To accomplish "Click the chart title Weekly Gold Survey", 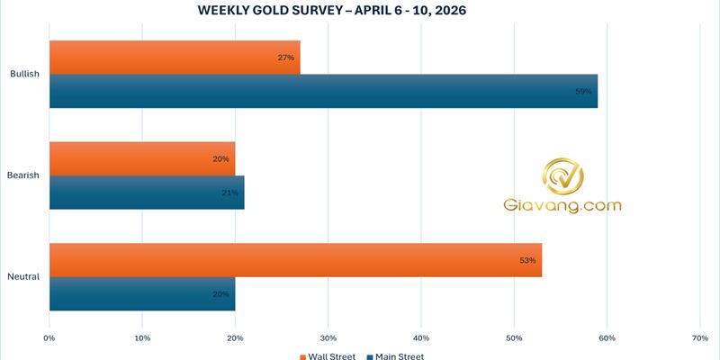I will pyautogui.click(x=359, y=11).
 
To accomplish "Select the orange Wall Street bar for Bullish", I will pyautogui.click(x=175, y=58).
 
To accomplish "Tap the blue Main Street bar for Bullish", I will pyautogui.click(x=323, y=91).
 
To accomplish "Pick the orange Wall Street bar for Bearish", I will pyautogui.click(x=142, y=158).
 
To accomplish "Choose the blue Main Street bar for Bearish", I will pyautogui.click(x=147, y=192).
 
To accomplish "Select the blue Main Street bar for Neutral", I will pyautogui.click(x=142, y=293).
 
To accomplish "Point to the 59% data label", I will pyautogui.click(x=584, y=91).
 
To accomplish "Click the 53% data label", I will pyautogui.click(x=527, y=260).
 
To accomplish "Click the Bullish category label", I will pyautogui.click(x=24, y=74).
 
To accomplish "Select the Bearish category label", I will pyautogui.click(x=23, y=175).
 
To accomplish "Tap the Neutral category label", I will pyautogui.click(x=23, y=276).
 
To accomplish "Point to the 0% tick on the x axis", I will pyautogui.click(x=49, y=338).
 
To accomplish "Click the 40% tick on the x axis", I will pyautogui.click(x=421, y=338).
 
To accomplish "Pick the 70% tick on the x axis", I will pyautogui.click(x=700, y=338).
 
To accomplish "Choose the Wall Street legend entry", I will pyautogui.click(x=328, y=355).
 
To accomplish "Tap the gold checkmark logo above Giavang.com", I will pyautogui.click(x=562, y=177).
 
